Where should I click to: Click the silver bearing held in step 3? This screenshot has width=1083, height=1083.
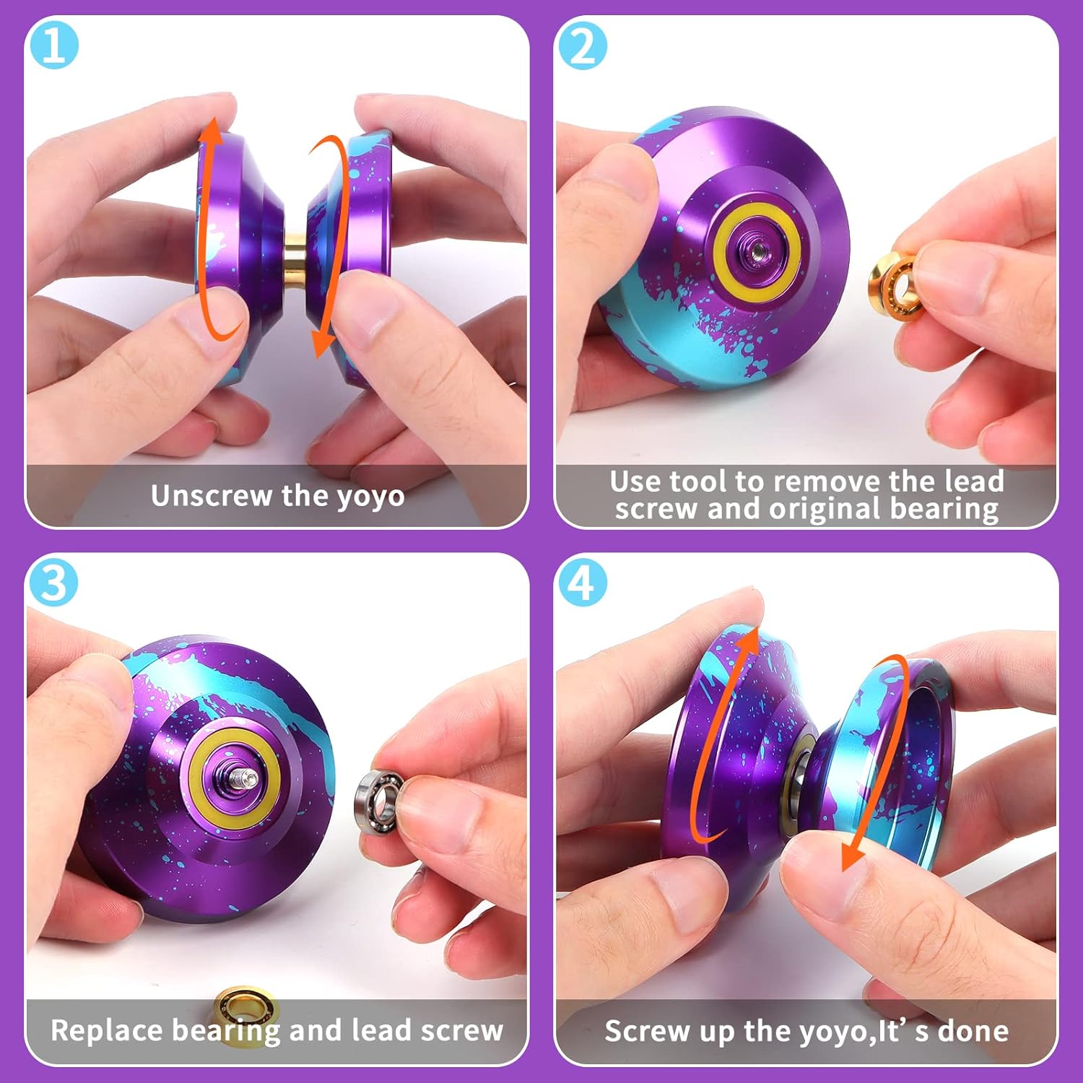378,801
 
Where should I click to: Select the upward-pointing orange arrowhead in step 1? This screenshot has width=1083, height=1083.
211,134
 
